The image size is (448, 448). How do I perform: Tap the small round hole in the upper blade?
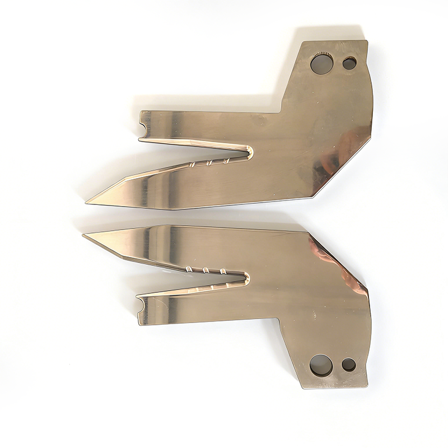tap(349, 63)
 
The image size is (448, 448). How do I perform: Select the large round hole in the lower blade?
tap(321, 365)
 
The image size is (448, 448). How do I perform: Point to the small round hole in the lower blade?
tap(348, 365)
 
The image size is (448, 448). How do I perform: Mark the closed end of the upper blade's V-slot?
tap(250, 152)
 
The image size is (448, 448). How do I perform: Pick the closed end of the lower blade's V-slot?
tap(246, 276)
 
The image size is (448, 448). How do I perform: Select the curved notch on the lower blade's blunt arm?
tap(140, 305)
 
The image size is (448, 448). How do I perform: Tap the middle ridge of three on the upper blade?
tap(210, 164)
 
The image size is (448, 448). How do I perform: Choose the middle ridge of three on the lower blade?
tap(206, 271)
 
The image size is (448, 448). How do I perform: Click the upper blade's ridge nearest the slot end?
tap(226, 161)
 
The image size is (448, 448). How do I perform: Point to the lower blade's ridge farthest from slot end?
tap(189, 269)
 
